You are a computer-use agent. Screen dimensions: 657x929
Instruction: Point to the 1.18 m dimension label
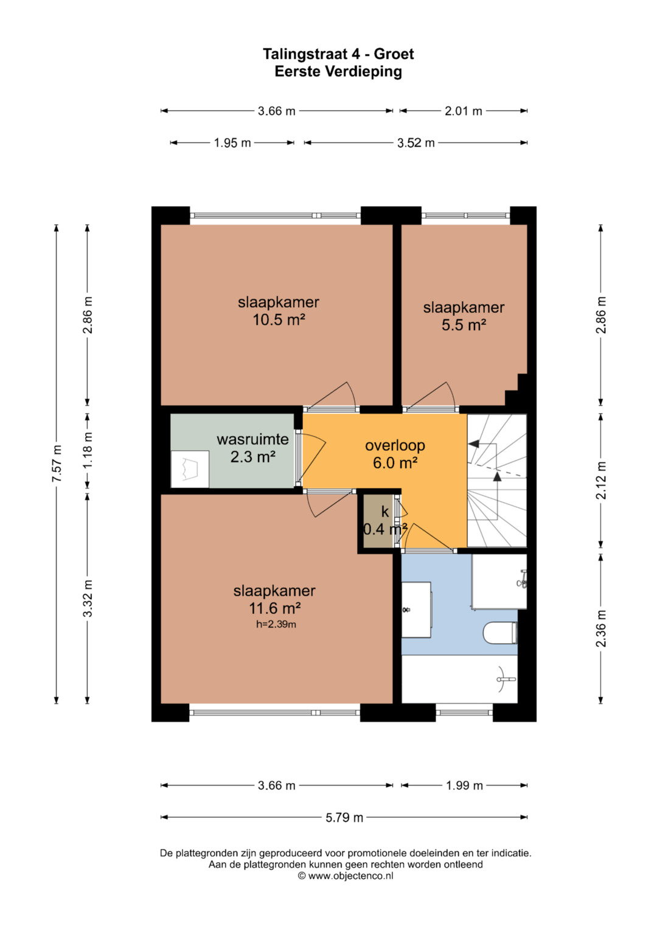coord(88,450)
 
